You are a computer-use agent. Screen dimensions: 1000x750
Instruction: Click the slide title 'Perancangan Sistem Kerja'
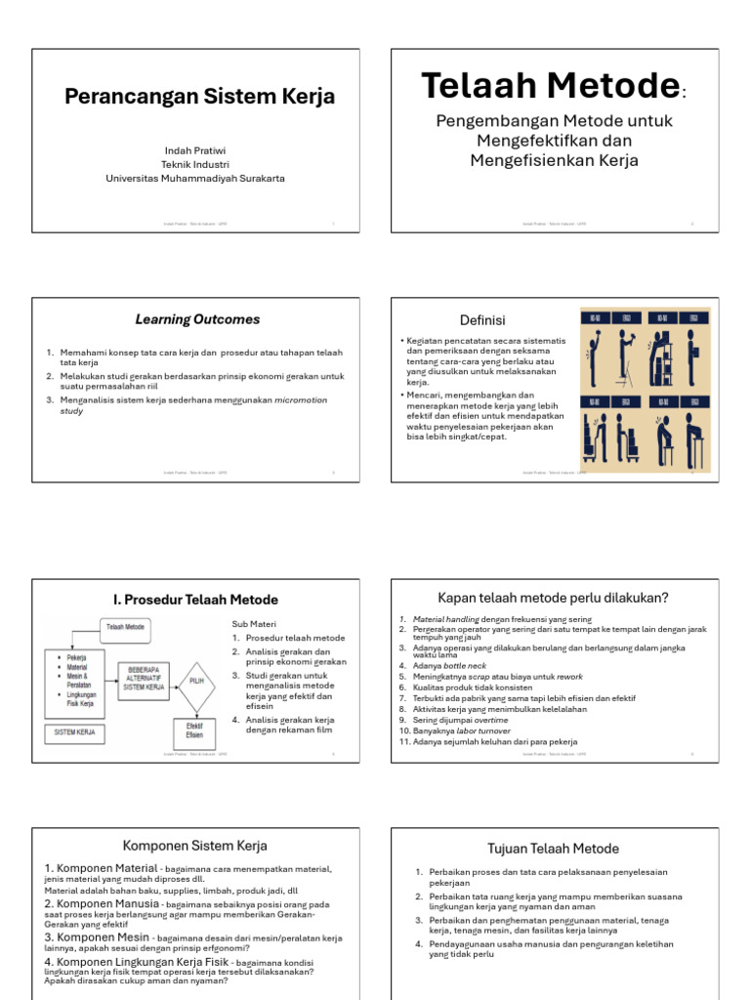coord(199,97)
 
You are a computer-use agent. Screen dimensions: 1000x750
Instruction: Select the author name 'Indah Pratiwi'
coord(195,150)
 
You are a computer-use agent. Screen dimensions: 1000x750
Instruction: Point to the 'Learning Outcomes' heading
coord(197,319)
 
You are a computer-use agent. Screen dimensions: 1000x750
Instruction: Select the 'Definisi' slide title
coord(482,320)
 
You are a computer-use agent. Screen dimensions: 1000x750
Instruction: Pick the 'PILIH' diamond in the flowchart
coord(196,682)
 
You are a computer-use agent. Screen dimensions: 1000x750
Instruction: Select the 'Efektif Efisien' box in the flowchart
coord(194,730)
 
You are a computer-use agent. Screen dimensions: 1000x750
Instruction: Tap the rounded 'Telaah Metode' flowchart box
coord(125,628)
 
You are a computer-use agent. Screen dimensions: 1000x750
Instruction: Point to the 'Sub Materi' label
coord(253,623)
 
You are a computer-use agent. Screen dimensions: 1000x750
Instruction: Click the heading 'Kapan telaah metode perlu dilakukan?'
coord(553,598)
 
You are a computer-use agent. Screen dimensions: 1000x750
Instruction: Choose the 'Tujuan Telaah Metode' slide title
coord(553,848)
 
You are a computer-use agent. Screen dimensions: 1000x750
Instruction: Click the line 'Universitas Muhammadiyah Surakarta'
coord(195,179)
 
